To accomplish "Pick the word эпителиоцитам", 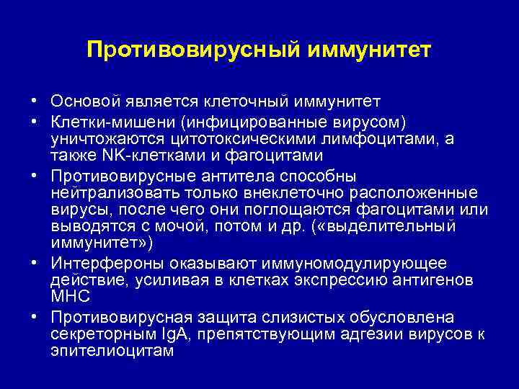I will [x=112, y=351].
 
